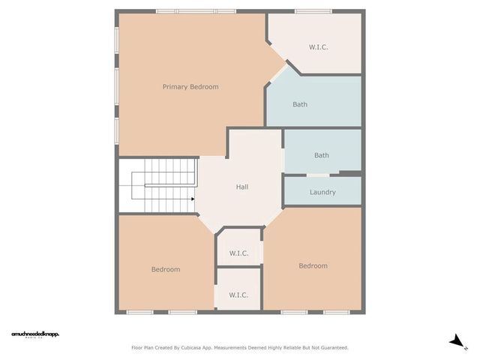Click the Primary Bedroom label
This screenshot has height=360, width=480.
pyautogui.click(x=190, y=87)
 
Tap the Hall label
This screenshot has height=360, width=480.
pyautogui.click(x=242, y=187)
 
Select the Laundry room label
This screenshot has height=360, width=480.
pyautogui.click(x=322, y=192)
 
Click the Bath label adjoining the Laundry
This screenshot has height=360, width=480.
pyautogui.click(x=322, y=155)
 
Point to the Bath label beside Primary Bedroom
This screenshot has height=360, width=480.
pyautogui.click(x=300, y=104)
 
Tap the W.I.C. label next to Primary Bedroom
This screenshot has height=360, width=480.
pyautogui.click(x=319, y=47)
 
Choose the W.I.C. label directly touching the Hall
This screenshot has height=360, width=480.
pyautogui.click(x=238, y=253)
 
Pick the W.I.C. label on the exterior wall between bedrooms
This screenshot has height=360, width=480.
pyautogui.click(x=238, y=295)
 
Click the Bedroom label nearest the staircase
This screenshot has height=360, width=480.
pyautogui.click(x=166, y=269)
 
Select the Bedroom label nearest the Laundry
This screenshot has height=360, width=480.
pyautogui.click(x=313, y=265)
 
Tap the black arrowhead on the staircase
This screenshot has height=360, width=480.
pyautogui.click(x=193, y=199)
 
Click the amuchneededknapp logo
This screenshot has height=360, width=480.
pyautogui.click(x=34, y=334)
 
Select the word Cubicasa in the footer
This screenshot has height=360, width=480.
pyautogui.click(x=202, y=347)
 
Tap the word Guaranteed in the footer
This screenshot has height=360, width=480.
pyautogui.click(x=331, y=347)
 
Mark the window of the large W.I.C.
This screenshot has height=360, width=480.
pyautogui.click(x=313, y=11)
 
